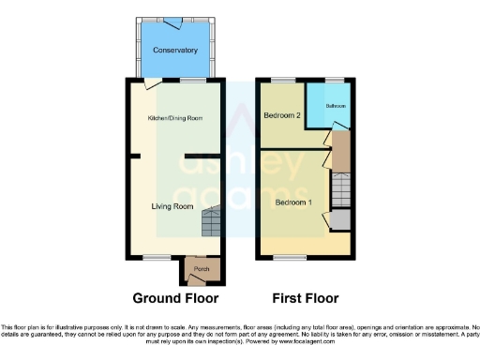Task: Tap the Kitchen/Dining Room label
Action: [x=175, y=119]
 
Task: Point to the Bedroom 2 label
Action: [x=282, y=116]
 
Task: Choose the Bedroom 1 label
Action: [x=294, y=202]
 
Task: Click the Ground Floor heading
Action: [x=175, y=298]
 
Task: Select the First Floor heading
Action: [x=304, y=298]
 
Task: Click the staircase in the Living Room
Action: [x=212, y=223]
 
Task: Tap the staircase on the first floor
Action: [x=340, y=191]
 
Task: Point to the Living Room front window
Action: [x=157, y=257]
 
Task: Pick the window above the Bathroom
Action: [x=334, y=81]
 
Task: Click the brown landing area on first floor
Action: [x=340, y=147]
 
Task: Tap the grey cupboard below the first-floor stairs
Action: [x=340, y=220]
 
